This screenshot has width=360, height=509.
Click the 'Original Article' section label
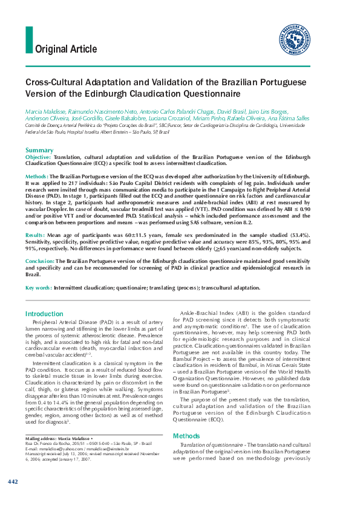(x=66, y=49)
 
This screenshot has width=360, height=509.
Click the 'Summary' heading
(x=39, y=150)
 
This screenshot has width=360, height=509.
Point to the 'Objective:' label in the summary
(x=38, y=157)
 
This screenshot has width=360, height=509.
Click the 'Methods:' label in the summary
(x=37, y=175)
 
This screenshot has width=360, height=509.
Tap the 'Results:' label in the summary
(x=36, y=233)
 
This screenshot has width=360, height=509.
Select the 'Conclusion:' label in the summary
(x=40, y=261)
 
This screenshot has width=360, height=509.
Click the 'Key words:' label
(x=38, y=288)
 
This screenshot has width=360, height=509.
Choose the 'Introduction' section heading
(x=45, y=314)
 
